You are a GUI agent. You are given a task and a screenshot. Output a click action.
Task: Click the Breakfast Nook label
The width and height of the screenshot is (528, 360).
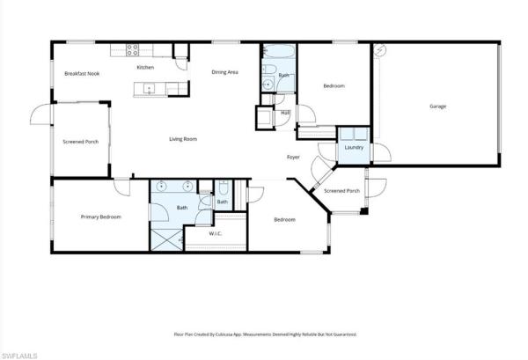click(81, 73)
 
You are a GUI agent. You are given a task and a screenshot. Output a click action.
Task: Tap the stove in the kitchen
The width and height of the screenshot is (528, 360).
click(131, 49)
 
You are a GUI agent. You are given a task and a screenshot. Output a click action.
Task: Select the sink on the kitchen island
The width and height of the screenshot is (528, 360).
click(150, 88)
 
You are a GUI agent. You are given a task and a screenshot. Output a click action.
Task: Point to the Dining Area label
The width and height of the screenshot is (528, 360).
click(225, 72)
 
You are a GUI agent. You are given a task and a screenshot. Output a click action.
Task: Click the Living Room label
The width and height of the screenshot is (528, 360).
click(182, 139)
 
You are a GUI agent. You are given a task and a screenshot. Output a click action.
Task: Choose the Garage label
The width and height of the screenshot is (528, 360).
click(437, 107)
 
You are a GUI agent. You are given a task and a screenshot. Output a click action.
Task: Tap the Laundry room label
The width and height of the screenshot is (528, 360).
click(354, 148)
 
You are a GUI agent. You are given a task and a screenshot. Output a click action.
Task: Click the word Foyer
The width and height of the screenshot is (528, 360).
click(293, 157)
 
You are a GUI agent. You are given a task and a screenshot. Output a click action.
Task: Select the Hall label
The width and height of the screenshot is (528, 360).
click(285, 113)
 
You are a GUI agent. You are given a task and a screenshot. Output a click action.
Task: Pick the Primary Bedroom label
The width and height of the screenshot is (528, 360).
click(100, 217)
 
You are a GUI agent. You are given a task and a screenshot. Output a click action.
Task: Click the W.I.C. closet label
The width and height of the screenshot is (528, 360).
click(215, 234)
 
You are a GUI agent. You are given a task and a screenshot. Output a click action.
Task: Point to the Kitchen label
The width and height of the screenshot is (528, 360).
click(145, 67)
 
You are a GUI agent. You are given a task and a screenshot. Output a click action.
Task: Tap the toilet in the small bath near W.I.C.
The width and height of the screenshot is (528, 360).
click(223, 188)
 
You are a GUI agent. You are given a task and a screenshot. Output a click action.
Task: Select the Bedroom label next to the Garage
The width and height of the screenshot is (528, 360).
click(333, 86)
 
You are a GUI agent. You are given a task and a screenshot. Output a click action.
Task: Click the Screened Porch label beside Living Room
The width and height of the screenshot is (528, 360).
click(80, 141)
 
